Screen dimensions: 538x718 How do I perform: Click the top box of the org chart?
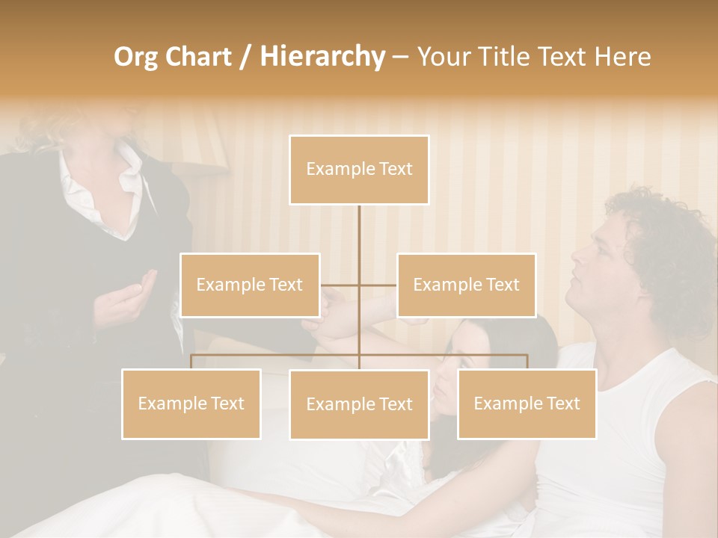[x=359, y=170]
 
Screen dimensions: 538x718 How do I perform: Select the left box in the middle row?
[x=250, y=285]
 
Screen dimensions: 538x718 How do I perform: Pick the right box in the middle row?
[x=466, y=285]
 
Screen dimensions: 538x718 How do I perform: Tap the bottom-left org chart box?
[x=191, y=403]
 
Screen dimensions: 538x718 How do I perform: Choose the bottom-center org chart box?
[x=359, y=404]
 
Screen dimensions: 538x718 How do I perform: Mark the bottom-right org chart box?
[x=527, y=403]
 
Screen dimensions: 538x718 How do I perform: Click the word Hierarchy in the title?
[x=322, y=56]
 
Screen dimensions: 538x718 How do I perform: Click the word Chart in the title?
[x=199, y=56]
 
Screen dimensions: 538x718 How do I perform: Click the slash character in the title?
[x=245, y=57]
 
